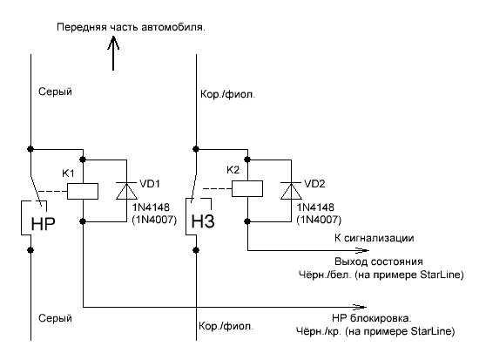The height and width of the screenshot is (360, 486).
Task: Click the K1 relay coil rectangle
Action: pos(83,191)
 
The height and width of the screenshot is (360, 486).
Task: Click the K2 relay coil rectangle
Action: pos(247,188)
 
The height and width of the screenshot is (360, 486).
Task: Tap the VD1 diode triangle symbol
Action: pos(126,191)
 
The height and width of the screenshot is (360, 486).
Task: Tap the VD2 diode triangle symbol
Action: pos(291,191)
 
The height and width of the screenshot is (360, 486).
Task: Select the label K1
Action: pos(68,173)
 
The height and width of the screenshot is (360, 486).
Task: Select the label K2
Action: pos(233,170)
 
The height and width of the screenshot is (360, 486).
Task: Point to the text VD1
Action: pos(150,184)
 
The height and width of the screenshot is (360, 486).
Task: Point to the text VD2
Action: pos(314,184)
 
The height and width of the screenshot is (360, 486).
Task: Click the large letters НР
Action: pos(43,223)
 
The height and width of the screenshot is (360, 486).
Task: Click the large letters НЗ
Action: pos(203,221)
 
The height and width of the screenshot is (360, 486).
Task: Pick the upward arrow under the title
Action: pos(113,53)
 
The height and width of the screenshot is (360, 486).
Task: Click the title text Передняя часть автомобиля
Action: pos(131,27)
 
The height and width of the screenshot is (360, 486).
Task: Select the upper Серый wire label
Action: pos(55,92)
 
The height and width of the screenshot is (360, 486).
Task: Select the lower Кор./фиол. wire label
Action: pos(226,326)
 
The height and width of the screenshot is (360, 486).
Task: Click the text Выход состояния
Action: pos(379,262)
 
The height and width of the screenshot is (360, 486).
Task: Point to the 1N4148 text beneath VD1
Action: pos(151,207)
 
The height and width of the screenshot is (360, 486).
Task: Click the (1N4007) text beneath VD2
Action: pos(319,220)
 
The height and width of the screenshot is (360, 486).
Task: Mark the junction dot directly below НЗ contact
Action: pos(196,250)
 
